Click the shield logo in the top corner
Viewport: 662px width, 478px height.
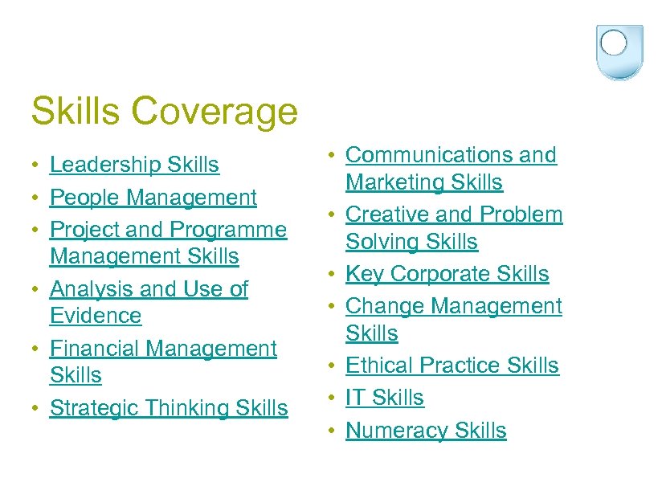[620, 51]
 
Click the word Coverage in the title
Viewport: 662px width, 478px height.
[215, 111]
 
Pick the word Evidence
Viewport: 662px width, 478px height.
[96, 316]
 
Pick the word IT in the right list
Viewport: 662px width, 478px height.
[355, 398]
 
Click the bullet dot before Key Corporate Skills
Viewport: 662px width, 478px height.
[333, 275]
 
